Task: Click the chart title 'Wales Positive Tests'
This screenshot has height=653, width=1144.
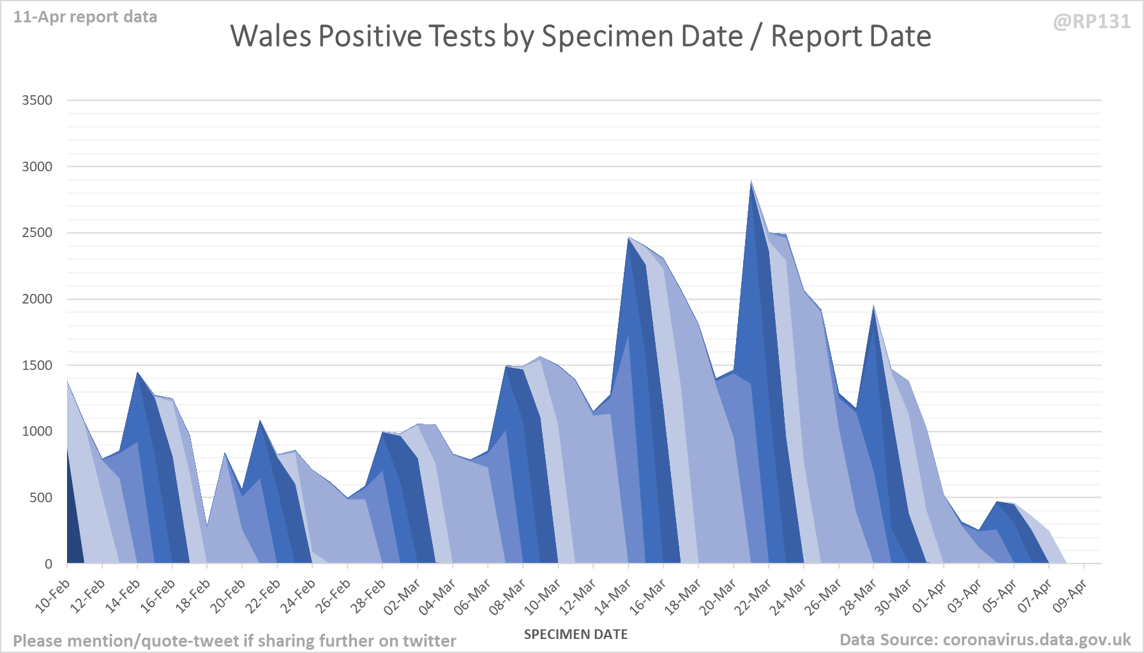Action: (x=580, y=36)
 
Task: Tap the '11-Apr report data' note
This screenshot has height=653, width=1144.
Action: (x=85, y=17)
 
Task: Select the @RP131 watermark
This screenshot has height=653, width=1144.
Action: (x=1092, y=22)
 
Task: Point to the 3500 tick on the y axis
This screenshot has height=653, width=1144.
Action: (x=37, y=100)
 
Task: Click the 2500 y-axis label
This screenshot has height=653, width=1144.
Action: (x=37, y=233)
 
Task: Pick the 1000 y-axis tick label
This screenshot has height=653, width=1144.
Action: (x=37, y=431)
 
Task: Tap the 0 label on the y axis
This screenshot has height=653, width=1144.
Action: (x=49, y=564)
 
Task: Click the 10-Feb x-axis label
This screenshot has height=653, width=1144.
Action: (x=53, y=595)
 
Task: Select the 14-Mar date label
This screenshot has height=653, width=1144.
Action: (x=613, y=595)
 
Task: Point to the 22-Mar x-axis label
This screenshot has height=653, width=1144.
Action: (x=754, y=595)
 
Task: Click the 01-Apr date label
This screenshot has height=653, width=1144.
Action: (x=929, y=595)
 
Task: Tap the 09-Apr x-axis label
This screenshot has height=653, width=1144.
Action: (x=1070, y=595)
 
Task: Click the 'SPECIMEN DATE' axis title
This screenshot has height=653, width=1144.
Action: (x=576, y=634)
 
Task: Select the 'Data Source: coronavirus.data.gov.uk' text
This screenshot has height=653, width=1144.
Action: (x=985, y=640)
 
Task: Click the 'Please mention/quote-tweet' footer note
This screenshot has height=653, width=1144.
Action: (x=234, y=641)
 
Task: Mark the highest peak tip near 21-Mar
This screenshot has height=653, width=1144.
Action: (x=751, y=181)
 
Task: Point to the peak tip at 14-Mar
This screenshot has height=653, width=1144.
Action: (x=629, y=238)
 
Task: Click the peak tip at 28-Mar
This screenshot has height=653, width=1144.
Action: (x=874, y=307)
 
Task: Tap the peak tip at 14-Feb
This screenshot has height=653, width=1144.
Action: (x=137, y=373)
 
